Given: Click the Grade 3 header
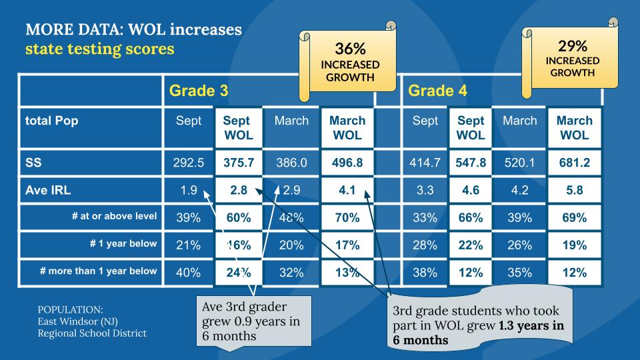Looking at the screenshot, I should (199, 90).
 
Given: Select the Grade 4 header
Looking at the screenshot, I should (437, 90).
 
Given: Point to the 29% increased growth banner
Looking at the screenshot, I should (572, 58).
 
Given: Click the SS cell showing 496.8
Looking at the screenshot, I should (347, 163).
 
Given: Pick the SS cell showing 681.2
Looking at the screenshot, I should (574, 163).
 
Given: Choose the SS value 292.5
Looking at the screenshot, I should (189, 163).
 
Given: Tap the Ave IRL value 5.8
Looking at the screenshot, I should (574, 190).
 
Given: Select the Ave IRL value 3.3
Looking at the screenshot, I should (425, 190).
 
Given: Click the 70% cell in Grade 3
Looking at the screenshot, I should (347, 217).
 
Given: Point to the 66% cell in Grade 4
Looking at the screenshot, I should (471, 217).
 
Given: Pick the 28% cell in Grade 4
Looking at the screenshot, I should (425, 245).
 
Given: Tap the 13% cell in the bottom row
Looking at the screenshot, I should (347, 272).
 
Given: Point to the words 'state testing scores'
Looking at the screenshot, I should (99, 49).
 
